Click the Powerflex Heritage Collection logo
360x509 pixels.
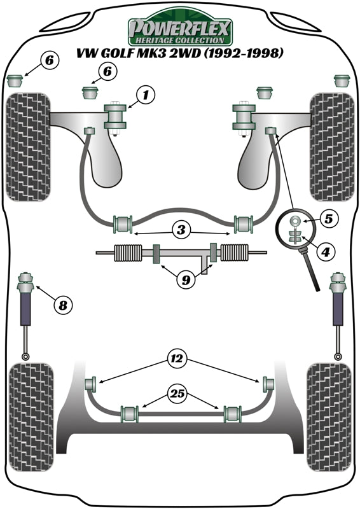181,29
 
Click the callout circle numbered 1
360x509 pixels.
145,96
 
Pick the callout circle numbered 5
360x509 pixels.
328,219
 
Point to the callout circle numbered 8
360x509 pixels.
62,306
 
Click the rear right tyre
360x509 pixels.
329,417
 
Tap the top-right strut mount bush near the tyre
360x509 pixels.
342,81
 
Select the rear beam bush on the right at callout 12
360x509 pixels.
268,384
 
